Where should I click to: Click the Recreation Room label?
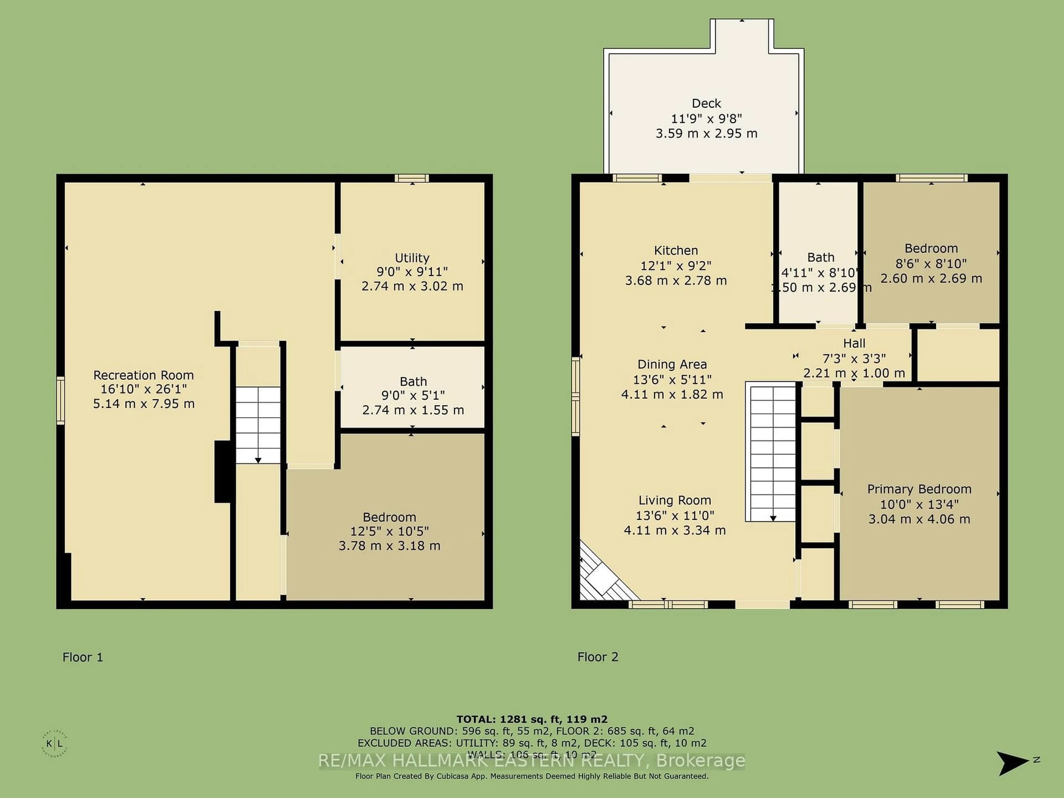143,375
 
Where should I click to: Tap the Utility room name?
412,258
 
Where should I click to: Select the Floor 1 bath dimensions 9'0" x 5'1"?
413,395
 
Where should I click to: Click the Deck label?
706,103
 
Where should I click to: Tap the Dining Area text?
672,365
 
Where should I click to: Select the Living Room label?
674,500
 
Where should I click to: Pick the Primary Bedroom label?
919,489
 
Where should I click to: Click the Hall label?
854,343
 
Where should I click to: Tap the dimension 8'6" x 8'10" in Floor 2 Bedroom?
931,264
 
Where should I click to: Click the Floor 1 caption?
83,657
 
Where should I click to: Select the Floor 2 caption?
597,657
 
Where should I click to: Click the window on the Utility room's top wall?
412,178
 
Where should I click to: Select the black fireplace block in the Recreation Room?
223,471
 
